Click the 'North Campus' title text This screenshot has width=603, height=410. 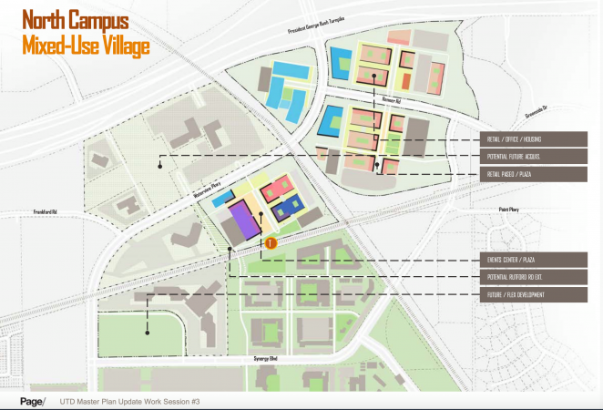coord(75,19)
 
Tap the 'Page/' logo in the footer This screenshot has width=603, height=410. coord(34,402)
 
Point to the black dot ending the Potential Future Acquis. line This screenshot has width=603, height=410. coord(159,166)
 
